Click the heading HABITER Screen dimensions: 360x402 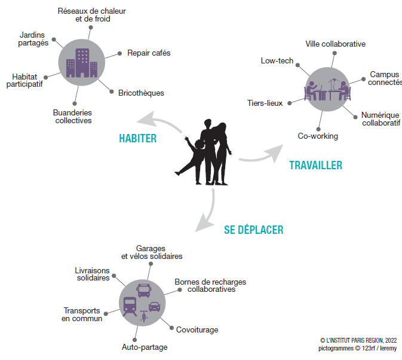coord(137,139)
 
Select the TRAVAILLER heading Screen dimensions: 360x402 coord(316,165)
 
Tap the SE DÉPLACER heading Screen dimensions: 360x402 coord(253,230)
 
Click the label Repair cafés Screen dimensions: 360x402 coord(149,53)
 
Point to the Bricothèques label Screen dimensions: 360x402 coord(141,93)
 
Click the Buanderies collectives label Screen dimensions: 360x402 coord(72,116)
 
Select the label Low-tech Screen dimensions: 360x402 coord(277,61)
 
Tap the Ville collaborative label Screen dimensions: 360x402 coord(335,44)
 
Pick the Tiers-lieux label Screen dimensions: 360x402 coord(265,103)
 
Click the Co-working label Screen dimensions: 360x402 coord(318,136)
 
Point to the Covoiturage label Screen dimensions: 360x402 coord(197,330)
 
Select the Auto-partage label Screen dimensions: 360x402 coord(145,347)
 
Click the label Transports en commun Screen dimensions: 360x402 coord(82,314)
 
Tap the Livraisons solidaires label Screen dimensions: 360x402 coord(93,274)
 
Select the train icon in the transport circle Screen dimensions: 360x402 coord(130,306)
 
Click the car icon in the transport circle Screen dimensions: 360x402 coord(154,307)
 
